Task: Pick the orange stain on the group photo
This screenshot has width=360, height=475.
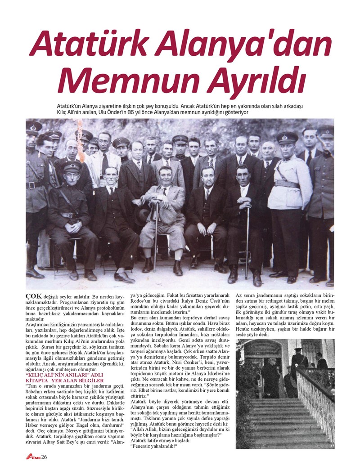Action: (80, 142)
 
